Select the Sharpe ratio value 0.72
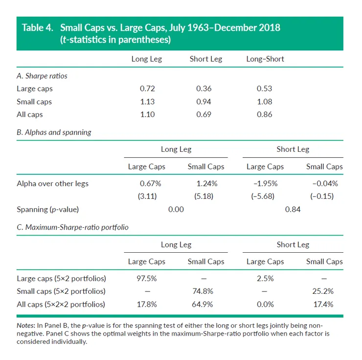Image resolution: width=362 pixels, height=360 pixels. point(147,89)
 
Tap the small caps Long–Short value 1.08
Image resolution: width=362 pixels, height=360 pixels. point(265,102)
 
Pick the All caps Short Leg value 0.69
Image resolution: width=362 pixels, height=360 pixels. point(206,115)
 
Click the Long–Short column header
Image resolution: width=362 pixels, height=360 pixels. point(265,59)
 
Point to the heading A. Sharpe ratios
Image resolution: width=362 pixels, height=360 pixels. point(42,76)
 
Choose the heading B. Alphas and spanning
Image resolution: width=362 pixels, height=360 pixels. point(54,132)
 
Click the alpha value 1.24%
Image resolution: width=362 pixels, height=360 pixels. point(206,184)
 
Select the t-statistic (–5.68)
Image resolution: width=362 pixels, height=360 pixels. point(265,196)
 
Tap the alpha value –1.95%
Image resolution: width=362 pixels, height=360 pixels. point(265,184)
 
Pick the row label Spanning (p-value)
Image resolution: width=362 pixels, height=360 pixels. point(48,209)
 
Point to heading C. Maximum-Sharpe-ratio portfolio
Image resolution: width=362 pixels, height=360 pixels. point(72,227)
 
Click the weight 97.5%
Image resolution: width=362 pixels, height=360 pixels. point(147,278)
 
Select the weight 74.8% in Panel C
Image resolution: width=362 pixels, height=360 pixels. point(206,291)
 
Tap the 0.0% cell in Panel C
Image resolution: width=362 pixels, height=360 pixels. point(265,304)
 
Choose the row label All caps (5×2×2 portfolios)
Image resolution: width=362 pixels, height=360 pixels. point(61,304)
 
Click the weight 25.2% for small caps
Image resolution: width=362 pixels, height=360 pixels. point(324,291)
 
